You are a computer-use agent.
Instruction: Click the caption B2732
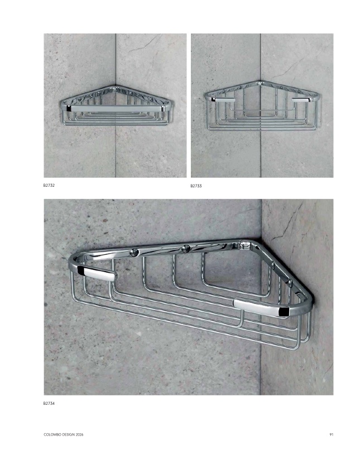click(49, 185)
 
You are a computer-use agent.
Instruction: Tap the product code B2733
click(196, 186)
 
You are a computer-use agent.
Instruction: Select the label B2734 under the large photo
click(49, 403)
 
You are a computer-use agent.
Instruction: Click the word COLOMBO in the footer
click(51, 434)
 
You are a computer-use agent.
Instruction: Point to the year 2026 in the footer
click(79, 434)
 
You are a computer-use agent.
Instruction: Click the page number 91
click(332, 434)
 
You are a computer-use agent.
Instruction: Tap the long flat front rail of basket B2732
click(116, 109)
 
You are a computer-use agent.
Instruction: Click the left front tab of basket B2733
click(223, 100)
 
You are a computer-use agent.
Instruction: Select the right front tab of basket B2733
click(303, 100)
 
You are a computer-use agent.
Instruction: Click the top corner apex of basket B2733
click(261, 83)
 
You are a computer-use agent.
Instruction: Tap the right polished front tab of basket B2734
click(261, 308)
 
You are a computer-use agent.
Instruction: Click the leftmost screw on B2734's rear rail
click(133, 252)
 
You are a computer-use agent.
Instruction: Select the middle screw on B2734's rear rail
click(186, 249)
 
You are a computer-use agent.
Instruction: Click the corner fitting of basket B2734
click(245, 245)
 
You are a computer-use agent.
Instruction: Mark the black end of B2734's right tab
click(285, 312)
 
